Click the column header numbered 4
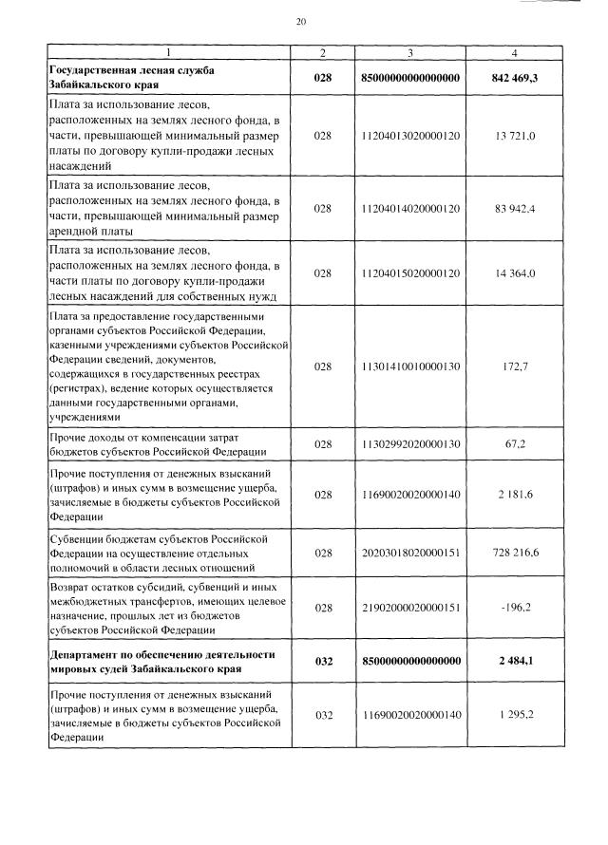pyautogui.click(x=514, y=51)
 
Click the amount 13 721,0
pyautogui.click(x=514, y=137)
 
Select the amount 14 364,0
pyautogui.click(x=514, y=273)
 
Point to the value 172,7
pyautogui.click(x=514, y=365)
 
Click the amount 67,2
pyautogui.click(x=514, y=442)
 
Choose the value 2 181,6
pyautogui.click(x=514, y=495)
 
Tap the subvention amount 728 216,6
pyautogui.click(x=514, y=552)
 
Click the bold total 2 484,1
pyautogui.click(x=514, y=662)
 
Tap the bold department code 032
pyautogui.click(x=323, y=662)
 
